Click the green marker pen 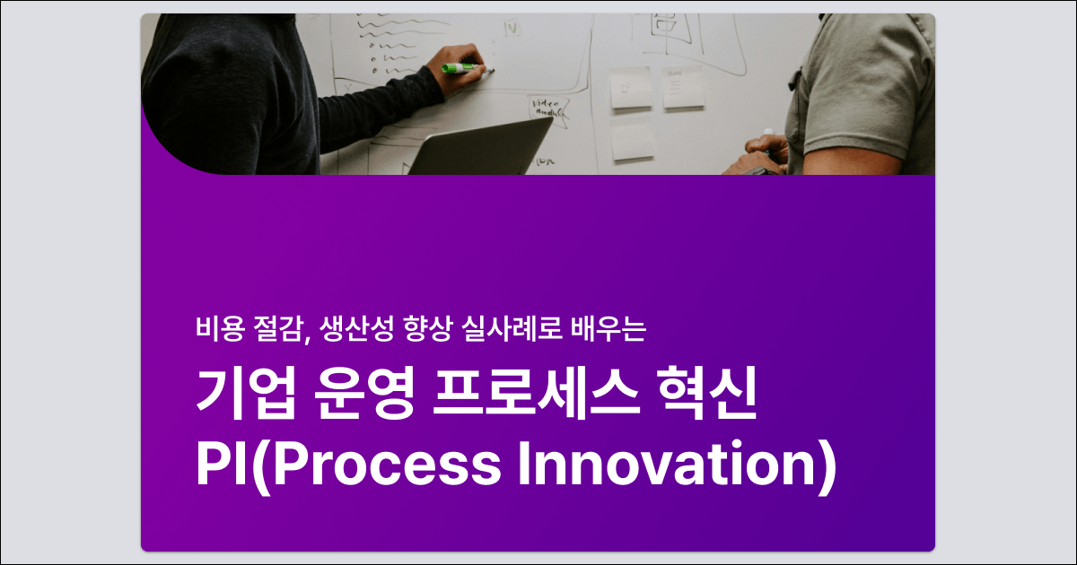pyautogui.click(x=460, y=66)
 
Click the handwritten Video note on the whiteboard pyautogui.click(x=548, y=108)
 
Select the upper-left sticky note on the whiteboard pyautogui.click(x=632, y=89)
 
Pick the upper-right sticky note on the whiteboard pyautogui.click(x=683, y=88)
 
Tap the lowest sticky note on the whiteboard pyautogui.click(x=633, y=141)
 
